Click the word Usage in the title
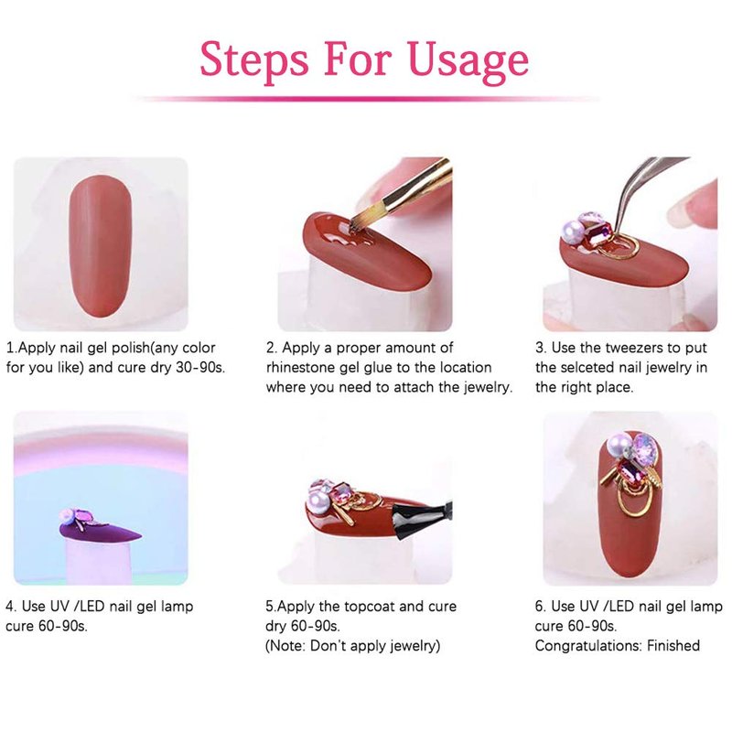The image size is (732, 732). click(x=468, y=60)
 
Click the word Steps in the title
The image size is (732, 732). click(x=254, y=60)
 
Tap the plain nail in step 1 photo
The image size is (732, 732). click(x=101, y=246)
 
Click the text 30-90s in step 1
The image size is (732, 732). click(x=200, y=368)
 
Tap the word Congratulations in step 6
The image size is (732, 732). click(x=588, y=646)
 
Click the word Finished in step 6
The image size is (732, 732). click(x=673, y=645)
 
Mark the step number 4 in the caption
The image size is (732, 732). click(x=10, y=607)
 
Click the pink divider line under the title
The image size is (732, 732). click(x=366, y=99)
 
